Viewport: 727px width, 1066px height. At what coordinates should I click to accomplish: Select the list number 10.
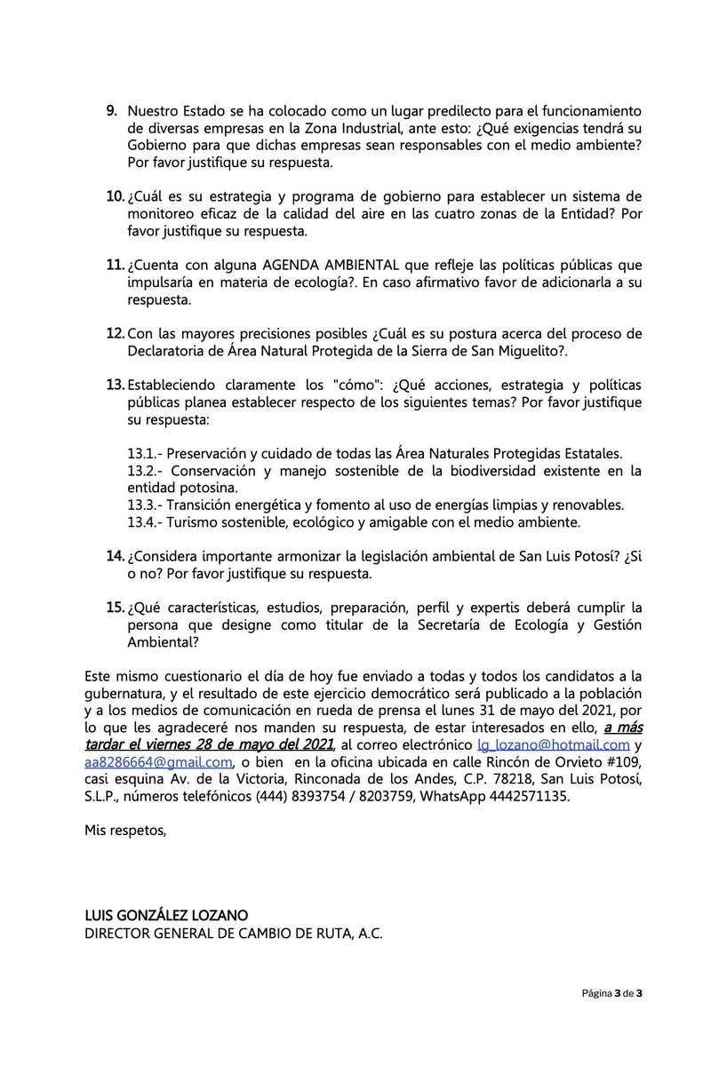[115, 196]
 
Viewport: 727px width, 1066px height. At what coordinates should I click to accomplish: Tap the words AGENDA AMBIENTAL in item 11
[317, 266]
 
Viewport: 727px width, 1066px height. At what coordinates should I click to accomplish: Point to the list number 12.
[115, 333]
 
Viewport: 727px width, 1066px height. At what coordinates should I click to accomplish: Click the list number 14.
[115, 556]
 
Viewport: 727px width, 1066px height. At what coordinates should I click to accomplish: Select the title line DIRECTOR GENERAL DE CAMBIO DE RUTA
[233, 933]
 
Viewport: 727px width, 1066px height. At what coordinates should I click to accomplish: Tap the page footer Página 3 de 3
[612, 993]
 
